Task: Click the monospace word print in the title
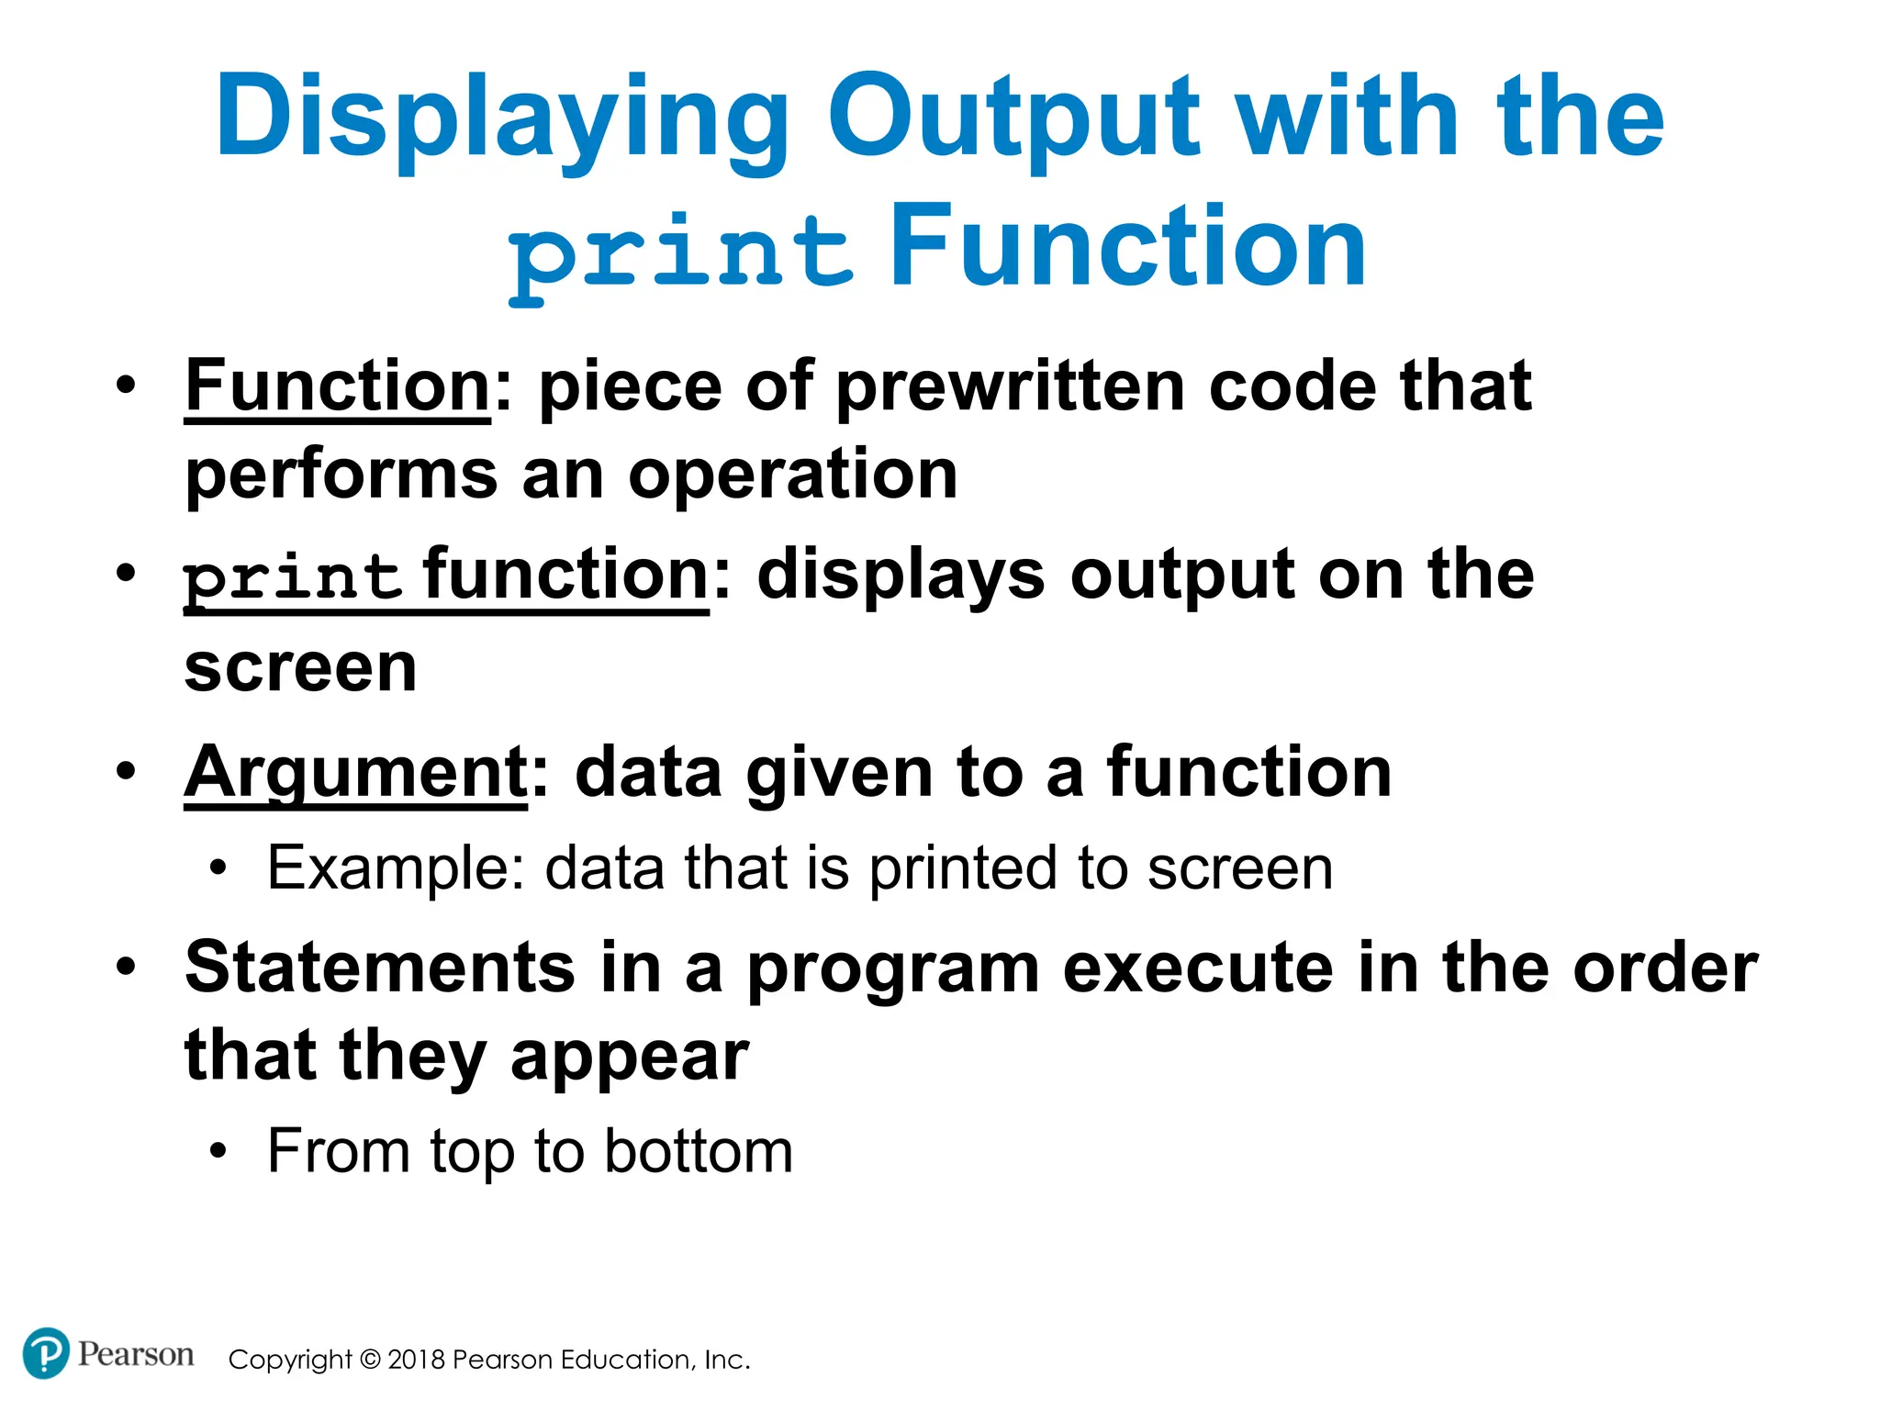point(680,252)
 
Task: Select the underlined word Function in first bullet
point(338,386)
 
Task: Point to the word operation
point(793,475)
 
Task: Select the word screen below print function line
point(300,667)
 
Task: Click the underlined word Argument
point(355,773)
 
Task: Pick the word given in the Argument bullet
point(839,773)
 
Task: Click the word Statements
point(380,968)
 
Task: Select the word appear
point(630,1057)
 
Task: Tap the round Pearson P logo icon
point(45,1353)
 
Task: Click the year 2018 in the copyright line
point(416,1360)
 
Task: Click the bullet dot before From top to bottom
point(218,1151)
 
